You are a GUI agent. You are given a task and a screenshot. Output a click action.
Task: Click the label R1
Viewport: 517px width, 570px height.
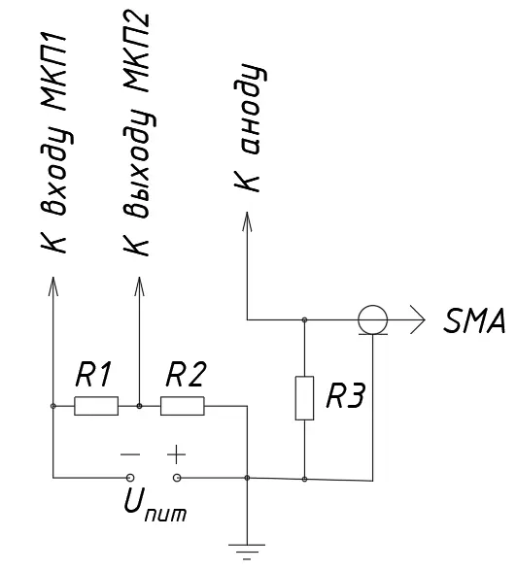point(92,374)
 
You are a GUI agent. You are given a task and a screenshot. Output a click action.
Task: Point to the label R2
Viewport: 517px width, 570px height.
point(186,374)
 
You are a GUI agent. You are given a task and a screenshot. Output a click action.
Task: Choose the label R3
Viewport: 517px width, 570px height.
point(345,395)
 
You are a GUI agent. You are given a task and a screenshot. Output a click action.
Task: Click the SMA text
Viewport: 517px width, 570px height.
point(474,320)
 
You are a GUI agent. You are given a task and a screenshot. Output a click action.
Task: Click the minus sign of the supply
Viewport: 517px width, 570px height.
point(130,454)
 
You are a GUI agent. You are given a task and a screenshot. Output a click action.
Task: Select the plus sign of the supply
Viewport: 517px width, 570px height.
point(177,454)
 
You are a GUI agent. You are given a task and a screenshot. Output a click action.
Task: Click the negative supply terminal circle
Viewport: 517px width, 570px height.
point(130,478)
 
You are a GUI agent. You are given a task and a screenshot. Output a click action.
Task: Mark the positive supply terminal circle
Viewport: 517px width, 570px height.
point(177,478)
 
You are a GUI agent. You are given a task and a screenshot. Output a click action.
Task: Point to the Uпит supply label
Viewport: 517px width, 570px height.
point(155,504)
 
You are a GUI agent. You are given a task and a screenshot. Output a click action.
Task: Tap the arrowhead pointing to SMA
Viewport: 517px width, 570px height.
point(418,319)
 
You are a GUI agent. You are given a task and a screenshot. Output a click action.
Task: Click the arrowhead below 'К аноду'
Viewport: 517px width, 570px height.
point(247,221)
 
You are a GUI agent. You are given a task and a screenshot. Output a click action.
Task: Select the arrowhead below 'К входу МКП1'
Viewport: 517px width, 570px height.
point(53,286)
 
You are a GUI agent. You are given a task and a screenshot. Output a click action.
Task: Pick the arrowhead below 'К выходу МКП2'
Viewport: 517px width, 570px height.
point(139,286)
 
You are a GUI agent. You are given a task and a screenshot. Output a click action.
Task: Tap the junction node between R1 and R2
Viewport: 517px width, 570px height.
point(139,406)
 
